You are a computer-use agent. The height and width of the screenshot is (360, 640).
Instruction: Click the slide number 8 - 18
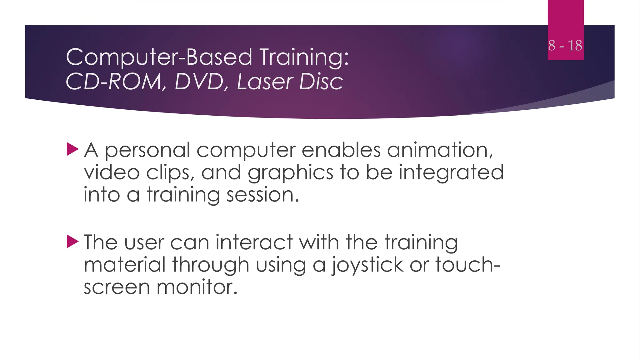[565, 46]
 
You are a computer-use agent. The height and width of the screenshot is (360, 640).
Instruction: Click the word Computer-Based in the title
[159, 57]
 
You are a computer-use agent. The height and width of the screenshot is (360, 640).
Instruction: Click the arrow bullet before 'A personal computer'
[72, 149]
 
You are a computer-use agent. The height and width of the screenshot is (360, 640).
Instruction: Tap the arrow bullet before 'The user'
[72, 242]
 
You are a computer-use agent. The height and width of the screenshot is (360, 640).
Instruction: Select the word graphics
[290, 173]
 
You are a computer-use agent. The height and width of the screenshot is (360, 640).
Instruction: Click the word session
[262, 195]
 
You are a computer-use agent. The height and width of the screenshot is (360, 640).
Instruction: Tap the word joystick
[367, 265]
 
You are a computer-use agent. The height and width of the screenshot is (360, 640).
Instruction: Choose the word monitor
[197, 287]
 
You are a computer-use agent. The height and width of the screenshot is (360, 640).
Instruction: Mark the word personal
[147, 151]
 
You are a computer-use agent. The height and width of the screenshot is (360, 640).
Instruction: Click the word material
[125, 265]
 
